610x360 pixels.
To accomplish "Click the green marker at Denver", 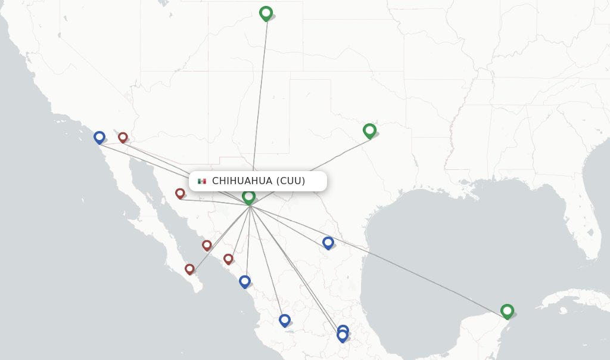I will [266, 13].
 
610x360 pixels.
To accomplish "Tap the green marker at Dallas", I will [369, 130].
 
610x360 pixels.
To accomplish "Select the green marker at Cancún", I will [507, 311].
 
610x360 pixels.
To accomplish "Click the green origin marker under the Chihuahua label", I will [249, 196].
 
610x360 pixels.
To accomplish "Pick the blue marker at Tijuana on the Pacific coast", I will [99, 137].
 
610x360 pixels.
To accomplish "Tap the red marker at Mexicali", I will [123, 137].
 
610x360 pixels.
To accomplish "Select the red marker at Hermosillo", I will [180, 193].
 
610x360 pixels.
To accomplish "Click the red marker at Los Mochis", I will [207, 244].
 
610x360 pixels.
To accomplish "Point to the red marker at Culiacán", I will [228, 258].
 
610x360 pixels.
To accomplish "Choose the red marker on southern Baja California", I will [189, 269].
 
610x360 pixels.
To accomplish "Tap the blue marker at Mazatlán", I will [244, 281].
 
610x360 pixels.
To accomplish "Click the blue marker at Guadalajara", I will [285, 319].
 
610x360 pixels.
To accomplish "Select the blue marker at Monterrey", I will [328, 242].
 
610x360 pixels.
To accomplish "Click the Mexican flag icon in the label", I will [202, 181].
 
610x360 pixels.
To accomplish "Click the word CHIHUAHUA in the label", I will [242, 181].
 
